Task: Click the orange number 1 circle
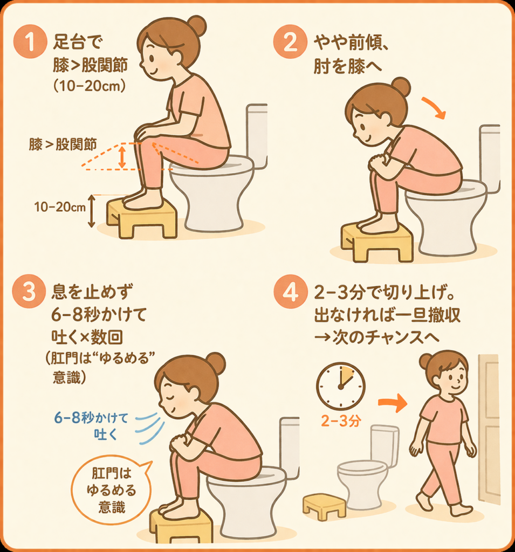coord(30,42)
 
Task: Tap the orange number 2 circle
coord(290,42)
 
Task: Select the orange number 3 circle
coord(29,292)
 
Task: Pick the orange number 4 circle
coord(290,292)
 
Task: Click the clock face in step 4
coord(340,386)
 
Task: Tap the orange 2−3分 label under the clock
coord(341,420)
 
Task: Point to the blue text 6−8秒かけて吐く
coord(91,426)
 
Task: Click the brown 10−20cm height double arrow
coord(92,211)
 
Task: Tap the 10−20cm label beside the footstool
coord(60,207)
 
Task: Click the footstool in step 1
coord(142,218)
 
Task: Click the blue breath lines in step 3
coord(150,427)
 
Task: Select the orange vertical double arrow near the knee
coord(122,157)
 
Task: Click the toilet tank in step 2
coord(490,158)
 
